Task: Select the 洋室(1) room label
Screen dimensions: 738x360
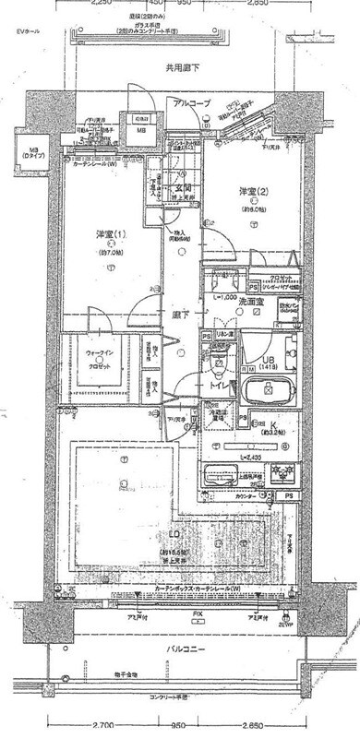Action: pos(110,234)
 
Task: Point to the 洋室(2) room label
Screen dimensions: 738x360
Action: pos(254,192)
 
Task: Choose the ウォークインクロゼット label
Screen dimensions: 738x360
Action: pos(99,358)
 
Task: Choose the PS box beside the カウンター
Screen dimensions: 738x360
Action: pos(289,498)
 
